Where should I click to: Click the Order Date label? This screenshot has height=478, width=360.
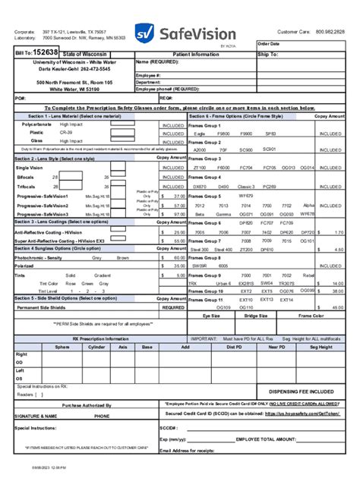coord(270,44)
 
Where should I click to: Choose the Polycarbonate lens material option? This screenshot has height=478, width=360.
coord(36,124)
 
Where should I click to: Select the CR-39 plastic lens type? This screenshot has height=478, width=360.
coord(66,132)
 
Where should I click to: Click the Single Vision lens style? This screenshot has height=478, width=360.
coord(30,168)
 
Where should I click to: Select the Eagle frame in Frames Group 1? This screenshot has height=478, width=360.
coord(200,133)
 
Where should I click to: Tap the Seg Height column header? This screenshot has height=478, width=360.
coord(320,346)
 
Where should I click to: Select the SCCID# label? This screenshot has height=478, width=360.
coord(169,427)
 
